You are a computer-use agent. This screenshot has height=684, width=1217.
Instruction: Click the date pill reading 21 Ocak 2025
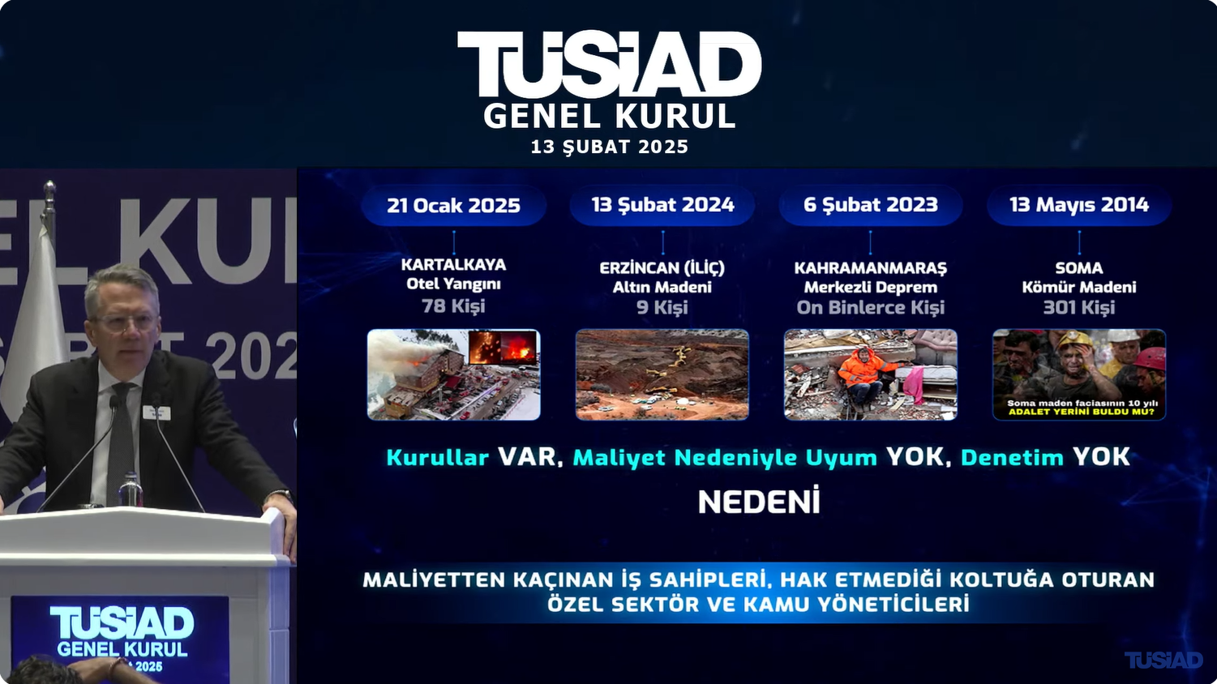click(x=454, y=205)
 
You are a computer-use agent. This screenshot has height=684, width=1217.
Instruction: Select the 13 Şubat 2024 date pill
click(x=662, y=205)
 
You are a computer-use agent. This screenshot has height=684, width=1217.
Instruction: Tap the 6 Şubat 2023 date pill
click(x=870, y=205)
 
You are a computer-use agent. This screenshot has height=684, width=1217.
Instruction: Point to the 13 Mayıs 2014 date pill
click(x=1079, y=205)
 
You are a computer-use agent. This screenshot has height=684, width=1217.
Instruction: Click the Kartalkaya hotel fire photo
click(x=454, y=374)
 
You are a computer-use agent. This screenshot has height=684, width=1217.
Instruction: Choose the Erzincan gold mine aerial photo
click(x=662, y=374)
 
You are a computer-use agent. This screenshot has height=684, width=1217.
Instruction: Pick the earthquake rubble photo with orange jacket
click(x=870, y=374)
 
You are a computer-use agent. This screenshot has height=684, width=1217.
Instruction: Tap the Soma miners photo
click(x=1079, y=374)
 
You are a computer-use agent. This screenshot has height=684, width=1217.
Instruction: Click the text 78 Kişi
click(x=454, y=306)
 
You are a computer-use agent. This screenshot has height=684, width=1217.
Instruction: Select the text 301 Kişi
click(x=1079, y=308)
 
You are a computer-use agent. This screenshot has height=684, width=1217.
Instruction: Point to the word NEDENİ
click(x=759, y=502)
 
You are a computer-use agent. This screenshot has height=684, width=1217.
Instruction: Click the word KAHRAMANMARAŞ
click(x=870, y=268)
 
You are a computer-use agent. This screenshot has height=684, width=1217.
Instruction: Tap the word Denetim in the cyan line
click(x=1012, y=458)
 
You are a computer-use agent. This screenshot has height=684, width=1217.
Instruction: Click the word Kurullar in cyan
click(x=437, y=458)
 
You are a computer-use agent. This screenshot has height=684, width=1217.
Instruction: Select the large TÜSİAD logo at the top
click(x=609, y=64)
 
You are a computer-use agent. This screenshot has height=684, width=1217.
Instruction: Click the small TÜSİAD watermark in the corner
click(x=1163, y=660)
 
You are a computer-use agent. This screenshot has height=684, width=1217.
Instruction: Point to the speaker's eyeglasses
click(x=125, y=323)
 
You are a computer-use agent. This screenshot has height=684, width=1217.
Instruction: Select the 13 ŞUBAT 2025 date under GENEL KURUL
click(x=610, y=147)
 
